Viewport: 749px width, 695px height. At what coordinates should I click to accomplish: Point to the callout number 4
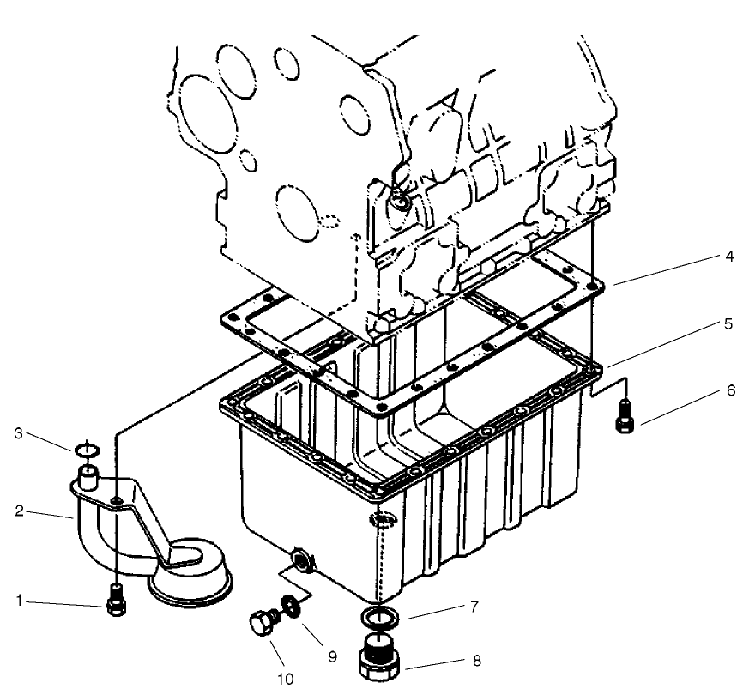(x=728, y=256)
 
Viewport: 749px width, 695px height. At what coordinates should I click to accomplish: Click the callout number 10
(x=285, y=678)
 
